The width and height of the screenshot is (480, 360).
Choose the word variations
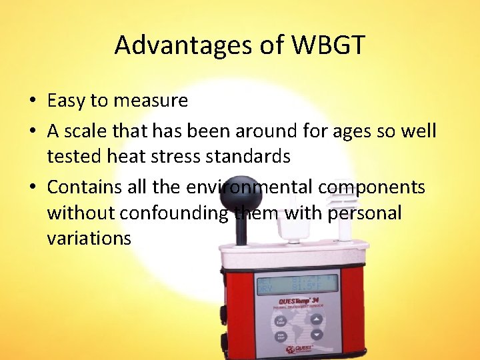(89, 238)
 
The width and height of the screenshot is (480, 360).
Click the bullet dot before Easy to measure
(32, 101)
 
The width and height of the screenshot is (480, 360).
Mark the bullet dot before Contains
(32, 188)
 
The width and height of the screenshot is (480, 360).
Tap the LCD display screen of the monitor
(297, 284)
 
